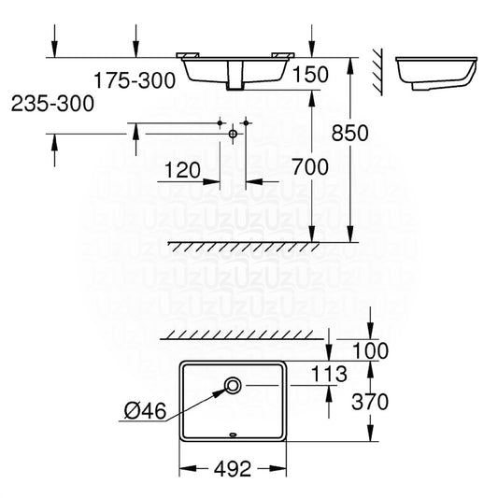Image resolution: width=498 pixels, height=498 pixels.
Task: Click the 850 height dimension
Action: (x=350, y=133)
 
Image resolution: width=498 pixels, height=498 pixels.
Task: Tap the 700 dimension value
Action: (x=310, y=167)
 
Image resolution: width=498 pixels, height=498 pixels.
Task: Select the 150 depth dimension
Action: (x=310, y=75)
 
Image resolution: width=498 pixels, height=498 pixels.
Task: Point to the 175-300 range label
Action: (x=135, y=80)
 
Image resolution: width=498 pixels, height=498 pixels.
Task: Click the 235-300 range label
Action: (x=52, y=104)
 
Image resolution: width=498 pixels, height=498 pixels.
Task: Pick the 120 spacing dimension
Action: (x=182, y=170)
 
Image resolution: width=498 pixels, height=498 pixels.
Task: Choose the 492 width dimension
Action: (x=233, y=469)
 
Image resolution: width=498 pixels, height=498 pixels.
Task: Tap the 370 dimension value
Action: (x=370, y=402)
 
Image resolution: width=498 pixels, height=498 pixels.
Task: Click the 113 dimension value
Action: (x=329, y=374)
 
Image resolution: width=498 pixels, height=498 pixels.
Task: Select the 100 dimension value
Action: (x=370, y=350)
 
